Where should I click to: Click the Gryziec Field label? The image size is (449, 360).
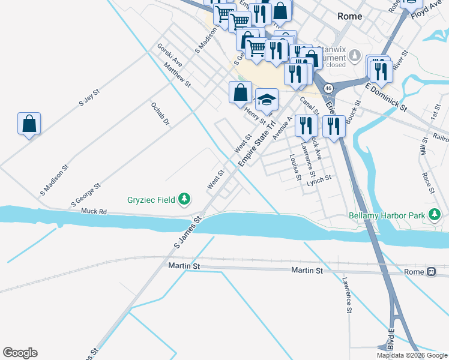click(152, 199)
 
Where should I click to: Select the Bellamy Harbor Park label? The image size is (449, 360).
click(387, 215)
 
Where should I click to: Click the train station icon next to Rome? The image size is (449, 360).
click(432, 272)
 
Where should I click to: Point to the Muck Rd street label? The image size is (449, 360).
click(94, 212)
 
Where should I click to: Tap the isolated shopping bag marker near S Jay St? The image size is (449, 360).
click(29, 124)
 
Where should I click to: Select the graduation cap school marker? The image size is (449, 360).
click(267, 99)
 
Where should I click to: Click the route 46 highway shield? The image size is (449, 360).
click(328, 88)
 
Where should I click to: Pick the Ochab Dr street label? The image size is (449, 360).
click(160, 113)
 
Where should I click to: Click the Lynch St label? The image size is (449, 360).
click(319, 180)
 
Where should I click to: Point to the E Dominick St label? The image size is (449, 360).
click(386, 97)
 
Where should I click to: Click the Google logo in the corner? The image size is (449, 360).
click(20, 353)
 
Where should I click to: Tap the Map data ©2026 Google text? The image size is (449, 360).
click(412, 355)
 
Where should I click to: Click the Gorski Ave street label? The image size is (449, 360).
click(169, 54)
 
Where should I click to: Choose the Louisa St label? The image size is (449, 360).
click(294, 166)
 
